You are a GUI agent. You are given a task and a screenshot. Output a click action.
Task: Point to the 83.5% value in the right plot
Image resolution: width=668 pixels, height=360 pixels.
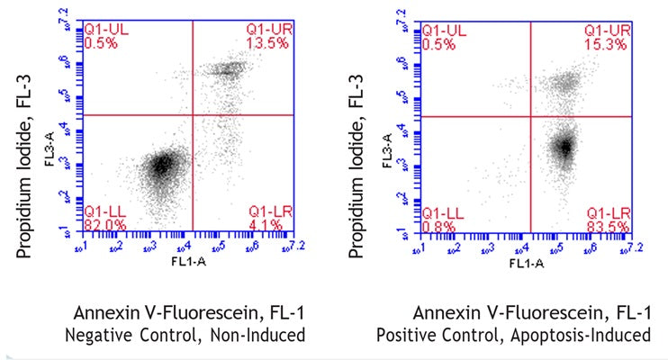(x=611, y=223)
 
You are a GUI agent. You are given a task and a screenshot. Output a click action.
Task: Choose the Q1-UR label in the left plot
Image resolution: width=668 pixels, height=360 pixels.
(x=269, y=30)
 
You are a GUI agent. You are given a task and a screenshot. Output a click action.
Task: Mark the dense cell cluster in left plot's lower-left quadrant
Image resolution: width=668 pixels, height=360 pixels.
(x=163, y=165)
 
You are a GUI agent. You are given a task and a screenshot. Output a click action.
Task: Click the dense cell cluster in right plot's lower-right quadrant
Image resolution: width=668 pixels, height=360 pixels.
(x=564, y=147)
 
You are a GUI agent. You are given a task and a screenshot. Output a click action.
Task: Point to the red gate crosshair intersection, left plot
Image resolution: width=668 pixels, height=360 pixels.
(x=193, y=115)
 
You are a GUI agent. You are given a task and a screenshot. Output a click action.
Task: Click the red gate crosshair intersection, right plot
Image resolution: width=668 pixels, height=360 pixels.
(x=530, y=117)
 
